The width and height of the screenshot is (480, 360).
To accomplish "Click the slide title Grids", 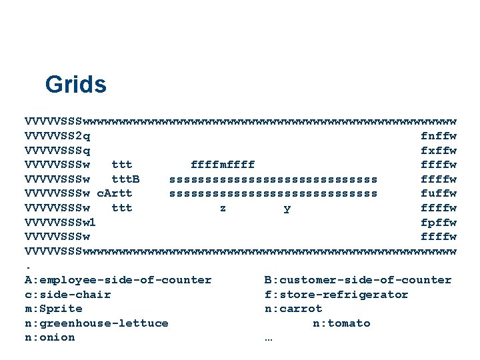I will [75, 85].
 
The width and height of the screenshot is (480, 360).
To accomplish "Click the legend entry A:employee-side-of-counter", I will [118, 280].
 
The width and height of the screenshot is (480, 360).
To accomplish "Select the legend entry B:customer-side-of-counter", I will [358, 280].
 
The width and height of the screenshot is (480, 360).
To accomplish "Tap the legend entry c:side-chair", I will [68, 295].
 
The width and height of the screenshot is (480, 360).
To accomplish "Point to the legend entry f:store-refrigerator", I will [337, 295].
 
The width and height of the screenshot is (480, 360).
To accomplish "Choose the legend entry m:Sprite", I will [54, 309].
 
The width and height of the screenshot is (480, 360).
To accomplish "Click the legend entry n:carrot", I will [293, 309].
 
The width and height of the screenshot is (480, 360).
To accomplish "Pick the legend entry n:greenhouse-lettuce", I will [97, 323].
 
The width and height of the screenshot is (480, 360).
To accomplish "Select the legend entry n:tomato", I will [341, 323].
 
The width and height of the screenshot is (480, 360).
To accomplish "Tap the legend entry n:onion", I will [50, 337].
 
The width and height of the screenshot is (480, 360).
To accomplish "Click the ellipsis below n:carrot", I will [269, 337].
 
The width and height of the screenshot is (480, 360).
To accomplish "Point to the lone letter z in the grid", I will [223, 208].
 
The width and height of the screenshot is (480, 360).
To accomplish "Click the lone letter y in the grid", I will [287, 208].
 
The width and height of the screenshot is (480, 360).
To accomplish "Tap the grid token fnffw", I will [439, 136].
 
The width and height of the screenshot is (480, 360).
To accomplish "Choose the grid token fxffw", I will [439, 151].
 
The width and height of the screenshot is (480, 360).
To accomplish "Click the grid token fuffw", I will [439, 193].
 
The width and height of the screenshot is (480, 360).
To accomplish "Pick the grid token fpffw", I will [439, 223].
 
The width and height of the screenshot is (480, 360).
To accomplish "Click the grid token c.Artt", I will [115, 193].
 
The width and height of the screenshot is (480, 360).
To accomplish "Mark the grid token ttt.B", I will [125, 179].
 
